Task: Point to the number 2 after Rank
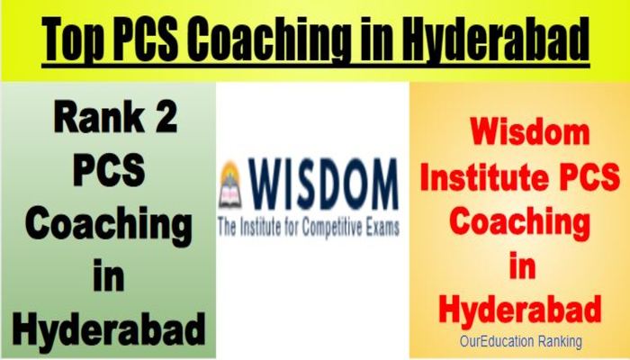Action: click(166, 117)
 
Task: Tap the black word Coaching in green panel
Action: click(109, 225)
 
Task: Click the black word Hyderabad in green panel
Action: click(109, 328)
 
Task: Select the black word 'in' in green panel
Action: click(109, 275)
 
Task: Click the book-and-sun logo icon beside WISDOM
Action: click(230, 184)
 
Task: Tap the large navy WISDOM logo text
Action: click(323, 184)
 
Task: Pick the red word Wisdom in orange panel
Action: click(529, 131)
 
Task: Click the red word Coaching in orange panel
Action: click(519, 222)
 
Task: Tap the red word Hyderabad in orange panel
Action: click(520, 309)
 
